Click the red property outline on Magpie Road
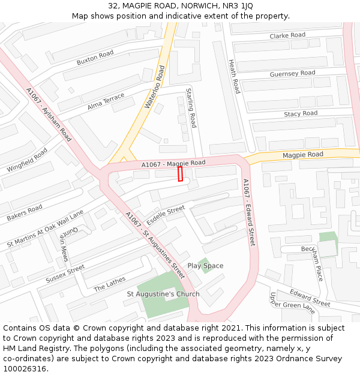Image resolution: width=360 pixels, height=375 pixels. [x=180, y=173]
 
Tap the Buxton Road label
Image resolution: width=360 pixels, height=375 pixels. [x=95, y=58]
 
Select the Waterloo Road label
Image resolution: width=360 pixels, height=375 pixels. [x=154, y=87]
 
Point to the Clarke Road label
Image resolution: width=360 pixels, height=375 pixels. [x=287, y=36]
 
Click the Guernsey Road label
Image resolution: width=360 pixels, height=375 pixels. [x=292, y=74]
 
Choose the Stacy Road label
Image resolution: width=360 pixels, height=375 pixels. [x=301, y=113]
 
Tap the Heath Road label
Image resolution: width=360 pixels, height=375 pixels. [x=235, y=76]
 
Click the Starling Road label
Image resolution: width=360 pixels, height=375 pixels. [x=191, y=108]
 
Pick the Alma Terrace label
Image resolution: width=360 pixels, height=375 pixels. [x=106, y=101]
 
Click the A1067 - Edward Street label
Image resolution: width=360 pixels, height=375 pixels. [x=249, y=212]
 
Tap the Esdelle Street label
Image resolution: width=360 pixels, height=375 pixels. [x=166, y=215]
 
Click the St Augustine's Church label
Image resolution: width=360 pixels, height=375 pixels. [x=163, y=295]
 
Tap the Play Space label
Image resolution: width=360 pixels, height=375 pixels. [x=205, y=266]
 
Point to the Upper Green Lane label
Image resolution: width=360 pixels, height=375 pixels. [x=292, y=303]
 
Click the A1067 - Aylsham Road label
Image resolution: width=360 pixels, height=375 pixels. [x=49, y=115]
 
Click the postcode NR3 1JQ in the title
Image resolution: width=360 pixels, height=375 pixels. [x=239, y=5]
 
